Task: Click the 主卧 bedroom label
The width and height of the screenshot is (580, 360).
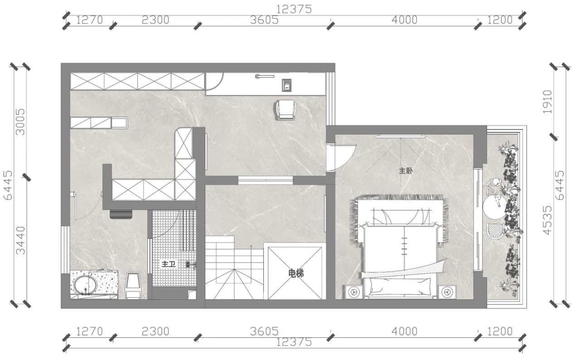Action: [x=406, y=171]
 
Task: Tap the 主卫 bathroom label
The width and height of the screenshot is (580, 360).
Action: [x=169, y=264]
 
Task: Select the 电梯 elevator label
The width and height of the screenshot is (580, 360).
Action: [x=296, y=274]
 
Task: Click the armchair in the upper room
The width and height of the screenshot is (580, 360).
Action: [x=286, y=110]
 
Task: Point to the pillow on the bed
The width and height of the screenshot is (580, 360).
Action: [x=400, y=286]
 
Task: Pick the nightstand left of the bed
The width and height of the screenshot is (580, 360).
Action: [x=354, y=292]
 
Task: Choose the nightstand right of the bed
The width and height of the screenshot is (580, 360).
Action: [x=447, y=292]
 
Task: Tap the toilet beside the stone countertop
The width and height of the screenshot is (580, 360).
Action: [x=133, y=285]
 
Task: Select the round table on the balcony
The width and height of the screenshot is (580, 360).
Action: [x=495, y=207]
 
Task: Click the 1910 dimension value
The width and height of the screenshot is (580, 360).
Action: [x=547, y=102]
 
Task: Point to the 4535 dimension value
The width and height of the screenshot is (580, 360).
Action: [x=547, y=220]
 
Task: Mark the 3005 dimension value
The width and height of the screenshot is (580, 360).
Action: [x=20, y=122]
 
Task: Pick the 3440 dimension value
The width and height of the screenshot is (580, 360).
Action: [x=20, y=240]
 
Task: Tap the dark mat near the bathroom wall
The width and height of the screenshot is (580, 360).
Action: [x=121, y=215]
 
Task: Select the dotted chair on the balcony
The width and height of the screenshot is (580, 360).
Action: [x=495, y=231]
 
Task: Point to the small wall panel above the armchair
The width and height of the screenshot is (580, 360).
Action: [x=287, y=85]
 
